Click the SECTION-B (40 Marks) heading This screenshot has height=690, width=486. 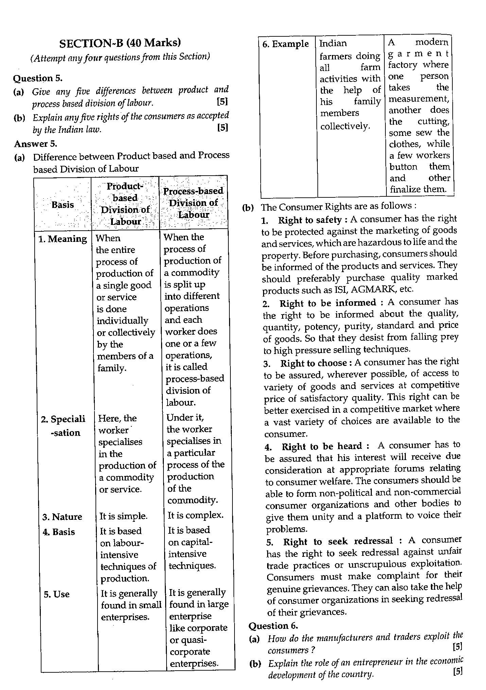(x=120, y=43)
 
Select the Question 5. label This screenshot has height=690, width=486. (x=38, y=78)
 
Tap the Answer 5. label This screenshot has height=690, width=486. (x=35, y=144)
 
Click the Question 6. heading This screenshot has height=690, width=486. (x=273, y=626)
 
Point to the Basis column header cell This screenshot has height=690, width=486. (x=63, y=205)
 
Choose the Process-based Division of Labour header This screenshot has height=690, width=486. (x=193, y=203)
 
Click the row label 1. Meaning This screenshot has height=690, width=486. (x=63, y=239)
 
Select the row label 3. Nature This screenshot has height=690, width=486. (x=62, y=517)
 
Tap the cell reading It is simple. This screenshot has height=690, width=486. (x=123, y=516)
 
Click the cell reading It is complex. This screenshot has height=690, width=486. (x=195, y=515)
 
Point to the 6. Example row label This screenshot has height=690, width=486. (x=285, y=44)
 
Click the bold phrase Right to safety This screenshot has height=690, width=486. (x=310, y=220)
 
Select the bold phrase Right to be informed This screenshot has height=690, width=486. (x=328, y=303)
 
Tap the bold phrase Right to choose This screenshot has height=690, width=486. (x=313, y=363)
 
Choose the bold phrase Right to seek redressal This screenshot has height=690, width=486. (x=338, y=541)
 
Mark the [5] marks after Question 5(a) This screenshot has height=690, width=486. (x=222, y=102)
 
